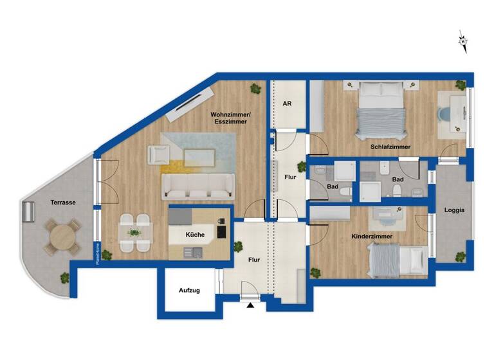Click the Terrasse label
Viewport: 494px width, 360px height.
point(64,203)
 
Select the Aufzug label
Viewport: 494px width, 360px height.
point(189,291)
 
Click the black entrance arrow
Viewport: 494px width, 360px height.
point(251,306)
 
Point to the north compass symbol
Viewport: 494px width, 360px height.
point(462,42)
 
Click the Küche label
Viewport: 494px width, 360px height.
point(195,235)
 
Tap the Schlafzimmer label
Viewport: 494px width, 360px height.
point(390,147)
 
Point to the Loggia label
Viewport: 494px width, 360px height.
point(454,210)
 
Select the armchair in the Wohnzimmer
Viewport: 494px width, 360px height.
point(158,154)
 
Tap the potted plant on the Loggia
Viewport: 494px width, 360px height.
point(459,256)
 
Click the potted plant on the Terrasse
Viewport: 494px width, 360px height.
point(64,278)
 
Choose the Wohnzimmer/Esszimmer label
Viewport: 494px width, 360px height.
point(230,118)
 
